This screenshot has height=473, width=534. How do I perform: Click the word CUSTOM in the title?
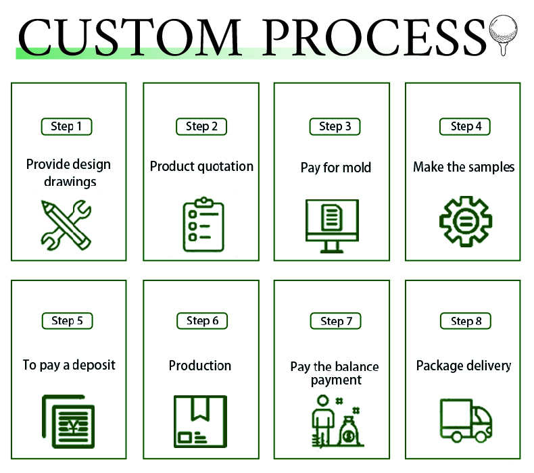[130, 37]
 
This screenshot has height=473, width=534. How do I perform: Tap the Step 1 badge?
[66, 126]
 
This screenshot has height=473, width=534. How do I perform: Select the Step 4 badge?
[465, 126]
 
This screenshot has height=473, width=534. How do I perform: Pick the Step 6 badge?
[202, 321]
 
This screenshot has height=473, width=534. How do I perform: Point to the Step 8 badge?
[466, 321]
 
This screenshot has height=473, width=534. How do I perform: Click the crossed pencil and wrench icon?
[66, 225]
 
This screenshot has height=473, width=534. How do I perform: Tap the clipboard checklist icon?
[203, 224]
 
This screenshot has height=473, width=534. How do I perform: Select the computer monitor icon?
[332, 226]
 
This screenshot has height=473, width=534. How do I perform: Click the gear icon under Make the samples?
[466, 222]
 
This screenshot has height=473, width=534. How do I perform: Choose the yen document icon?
[68, 422]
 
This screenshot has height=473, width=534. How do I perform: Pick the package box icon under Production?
[200, 422]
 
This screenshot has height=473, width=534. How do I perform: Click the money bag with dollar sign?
[349, 432]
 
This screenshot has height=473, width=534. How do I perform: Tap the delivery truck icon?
[466, 420]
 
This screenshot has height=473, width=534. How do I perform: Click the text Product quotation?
[201, 167]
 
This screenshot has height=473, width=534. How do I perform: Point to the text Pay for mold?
[336, 168]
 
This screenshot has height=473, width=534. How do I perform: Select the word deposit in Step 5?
[94, 366]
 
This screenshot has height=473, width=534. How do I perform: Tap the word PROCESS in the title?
[374, 37]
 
